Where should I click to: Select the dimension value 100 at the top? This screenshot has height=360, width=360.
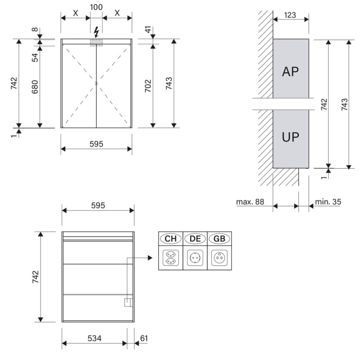tap(96, 7)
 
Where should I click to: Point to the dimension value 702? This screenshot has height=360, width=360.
tap(148, 85)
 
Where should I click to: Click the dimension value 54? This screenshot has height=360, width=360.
tap(35, 57)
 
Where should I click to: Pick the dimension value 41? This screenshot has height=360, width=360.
tap(148, 30)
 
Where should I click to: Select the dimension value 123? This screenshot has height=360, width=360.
tap(290, 15)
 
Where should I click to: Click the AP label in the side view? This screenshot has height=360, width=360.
tap(290, 71)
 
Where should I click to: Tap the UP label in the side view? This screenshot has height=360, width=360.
tap(290, 137)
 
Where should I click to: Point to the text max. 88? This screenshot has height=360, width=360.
tap(250, 202)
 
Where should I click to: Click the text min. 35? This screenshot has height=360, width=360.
tap(328, 202)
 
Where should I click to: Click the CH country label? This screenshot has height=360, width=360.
tap(170, 239)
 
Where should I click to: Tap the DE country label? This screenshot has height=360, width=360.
tap(195, 239)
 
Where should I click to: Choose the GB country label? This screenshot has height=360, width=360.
tap(220, 239)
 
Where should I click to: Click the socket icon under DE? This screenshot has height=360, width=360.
tap(195, 257)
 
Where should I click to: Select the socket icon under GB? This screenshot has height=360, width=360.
tap(220, 257)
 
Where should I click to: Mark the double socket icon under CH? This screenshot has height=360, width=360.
tap(170, 257)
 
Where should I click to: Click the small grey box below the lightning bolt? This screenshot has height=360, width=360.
tap(96, 43)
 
